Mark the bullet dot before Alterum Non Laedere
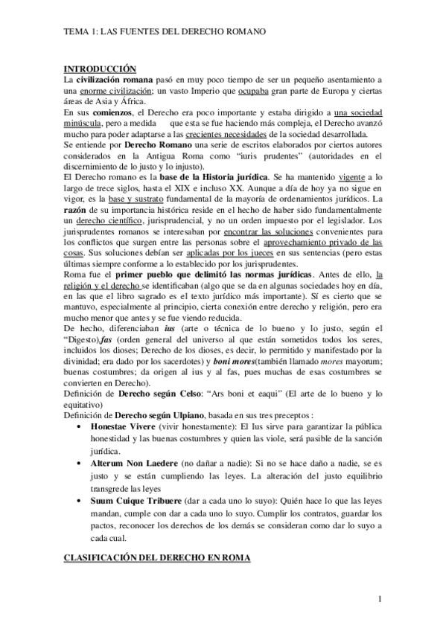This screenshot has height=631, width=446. pos(80,461)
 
